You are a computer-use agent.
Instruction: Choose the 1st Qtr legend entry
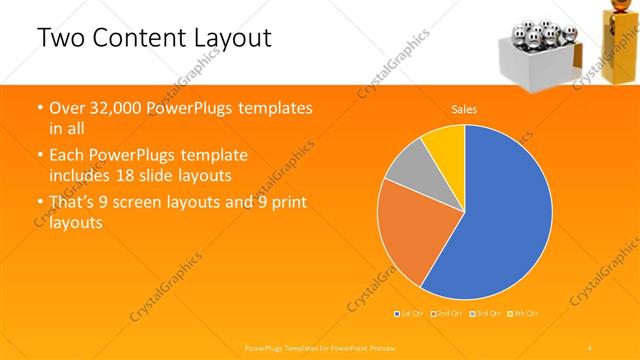411,313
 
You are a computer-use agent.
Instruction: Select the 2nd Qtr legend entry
445,313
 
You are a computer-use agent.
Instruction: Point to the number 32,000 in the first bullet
110,107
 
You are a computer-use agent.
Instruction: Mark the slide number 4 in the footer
590,346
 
